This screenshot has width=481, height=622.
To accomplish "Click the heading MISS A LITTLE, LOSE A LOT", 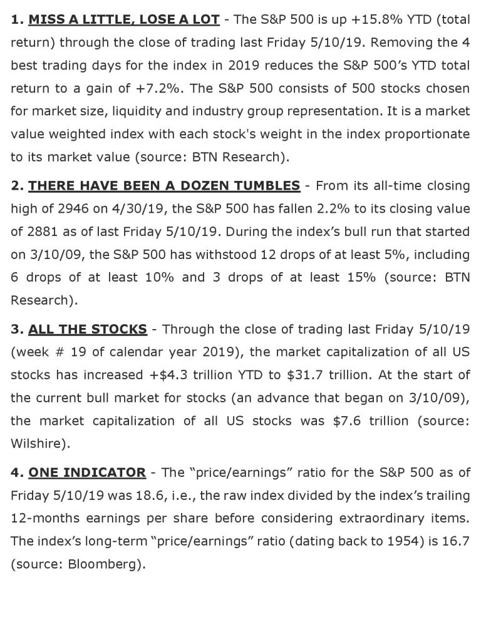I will tap(124, 19).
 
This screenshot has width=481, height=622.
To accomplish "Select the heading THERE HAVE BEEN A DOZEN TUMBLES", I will tap(164, 186).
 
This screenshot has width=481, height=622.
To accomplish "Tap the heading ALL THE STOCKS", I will tap(88, 329).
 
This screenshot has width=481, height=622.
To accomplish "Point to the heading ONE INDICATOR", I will tap(87, 472).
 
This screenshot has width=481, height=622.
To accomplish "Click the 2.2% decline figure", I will tap(294, 209).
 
